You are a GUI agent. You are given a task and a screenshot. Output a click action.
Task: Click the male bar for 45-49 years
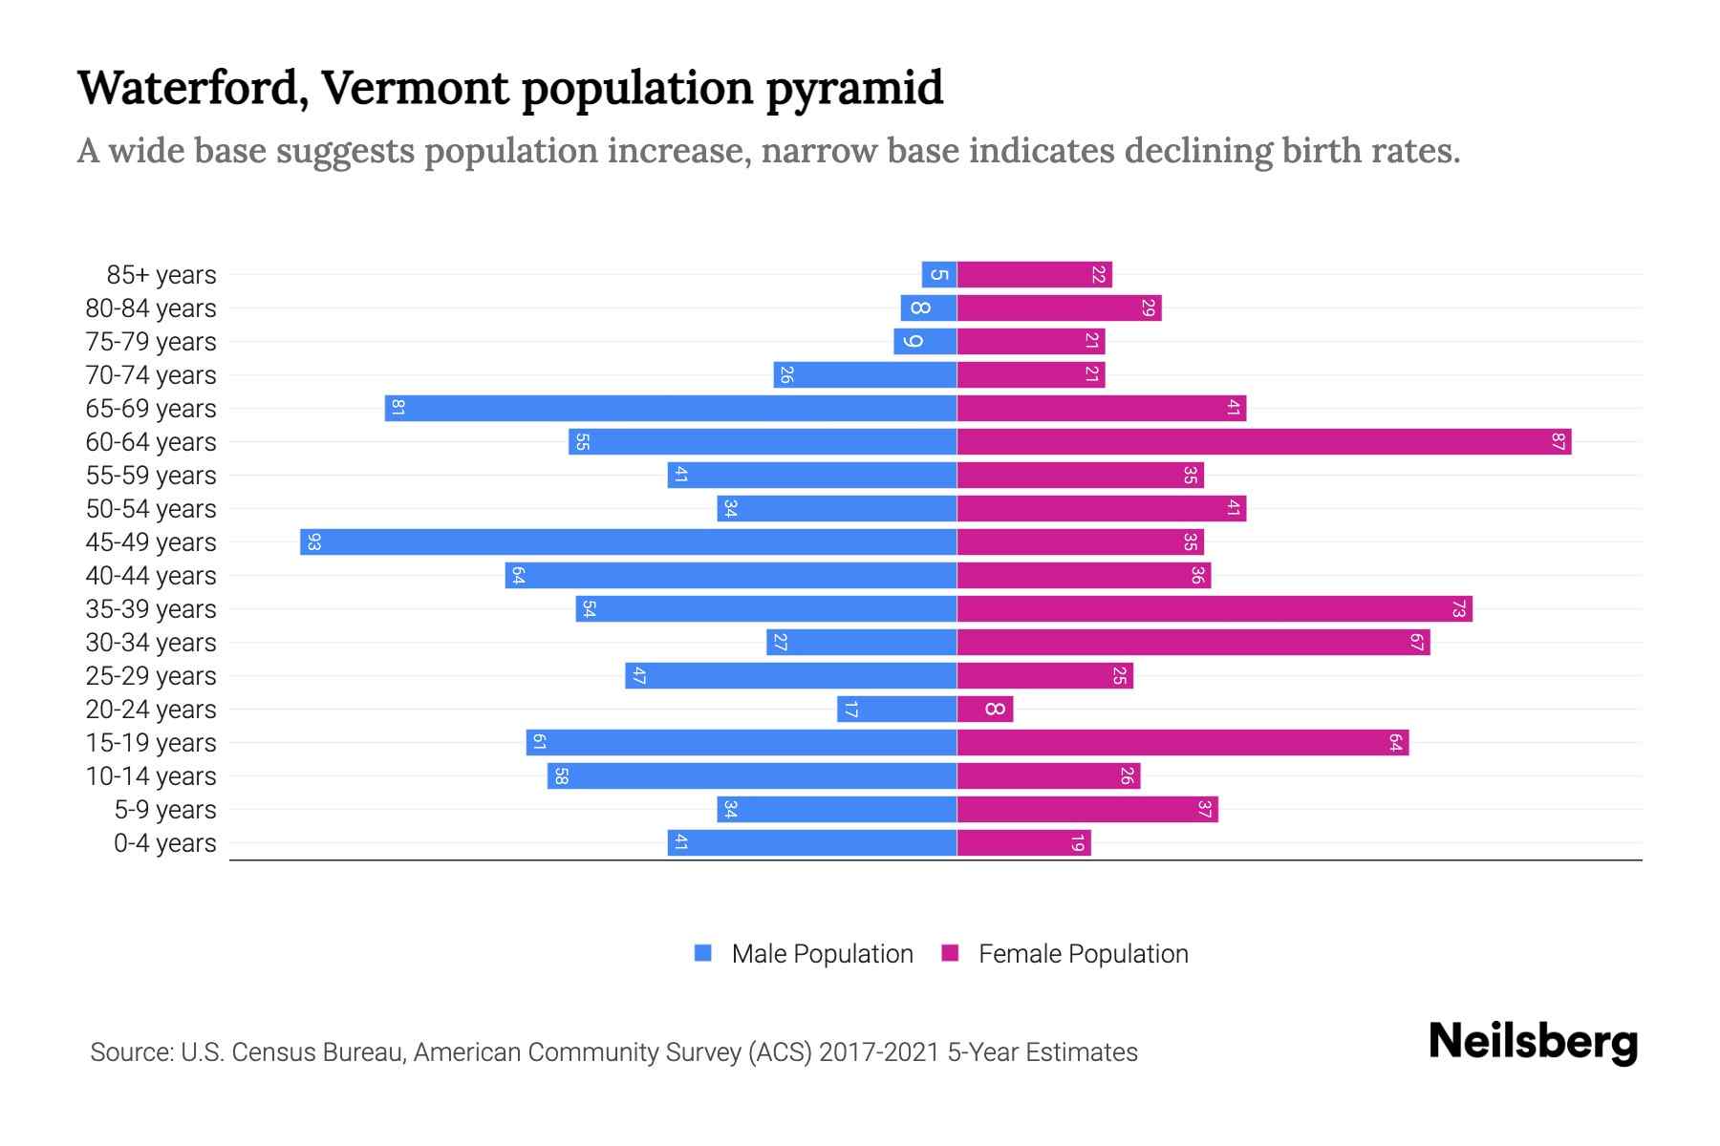(x=628, y=541)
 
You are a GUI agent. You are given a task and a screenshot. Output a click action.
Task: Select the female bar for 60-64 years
(x=1263, y=441)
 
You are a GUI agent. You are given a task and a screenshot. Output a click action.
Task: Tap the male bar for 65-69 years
(x=671, y=408)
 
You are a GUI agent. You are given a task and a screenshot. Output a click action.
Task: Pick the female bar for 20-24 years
(x=984, y=709)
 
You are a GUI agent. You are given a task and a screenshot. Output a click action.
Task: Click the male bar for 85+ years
(x=939, y=274)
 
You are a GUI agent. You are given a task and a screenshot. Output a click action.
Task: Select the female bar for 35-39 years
(x=1214, y=608)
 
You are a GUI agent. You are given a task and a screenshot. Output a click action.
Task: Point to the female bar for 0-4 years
(x=1023, y=842)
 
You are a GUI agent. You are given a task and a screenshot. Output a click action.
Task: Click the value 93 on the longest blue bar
(x=313, y=541)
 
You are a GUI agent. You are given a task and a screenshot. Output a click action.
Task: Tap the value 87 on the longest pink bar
(x=1558, y=441)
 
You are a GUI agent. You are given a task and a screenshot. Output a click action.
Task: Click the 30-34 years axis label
(x=151, y=643)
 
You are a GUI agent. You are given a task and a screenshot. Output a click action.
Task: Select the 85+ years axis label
(x=161, y=275)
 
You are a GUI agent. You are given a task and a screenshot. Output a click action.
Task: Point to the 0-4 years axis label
(x=164, y=843)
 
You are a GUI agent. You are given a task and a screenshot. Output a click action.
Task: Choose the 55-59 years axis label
(x=151, y=476)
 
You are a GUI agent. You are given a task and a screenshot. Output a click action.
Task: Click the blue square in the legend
(x=703, y=953)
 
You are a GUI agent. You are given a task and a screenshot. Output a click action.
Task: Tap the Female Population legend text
(x=1083, y=953)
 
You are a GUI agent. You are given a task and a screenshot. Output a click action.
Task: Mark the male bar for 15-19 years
(x=741, y=742)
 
